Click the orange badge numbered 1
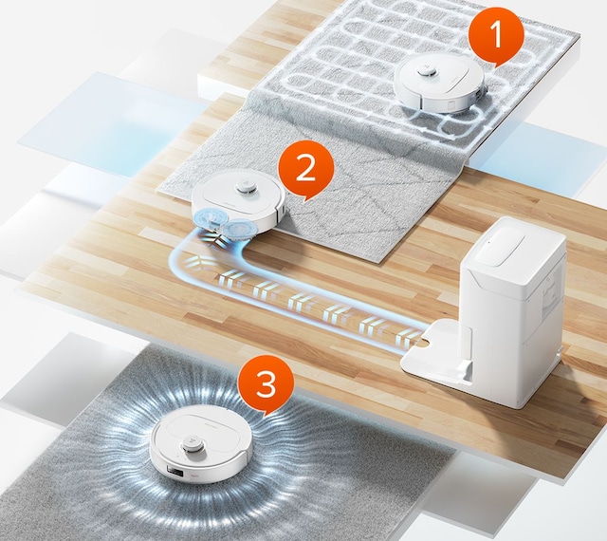(496, 36)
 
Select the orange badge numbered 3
(266, 384)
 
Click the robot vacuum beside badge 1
(439, 84)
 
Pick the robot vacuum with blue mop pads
(239, 205)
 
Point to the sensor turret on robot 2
(246, 187)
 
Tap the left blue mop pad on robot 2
(207, 219)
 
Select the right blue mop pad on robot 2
(240, 228)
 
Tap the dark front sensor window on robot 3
(174, 472)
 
